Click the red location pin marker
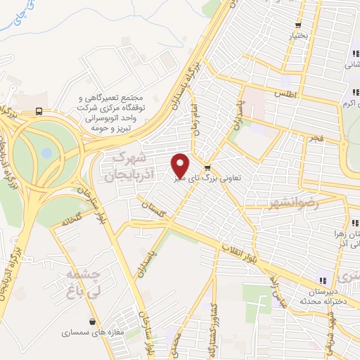(181, 165)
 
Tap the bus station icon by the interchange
(39, 111)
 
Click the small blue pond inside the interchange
(46, 152)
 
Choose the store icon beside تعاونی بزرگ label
(207, 167)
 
